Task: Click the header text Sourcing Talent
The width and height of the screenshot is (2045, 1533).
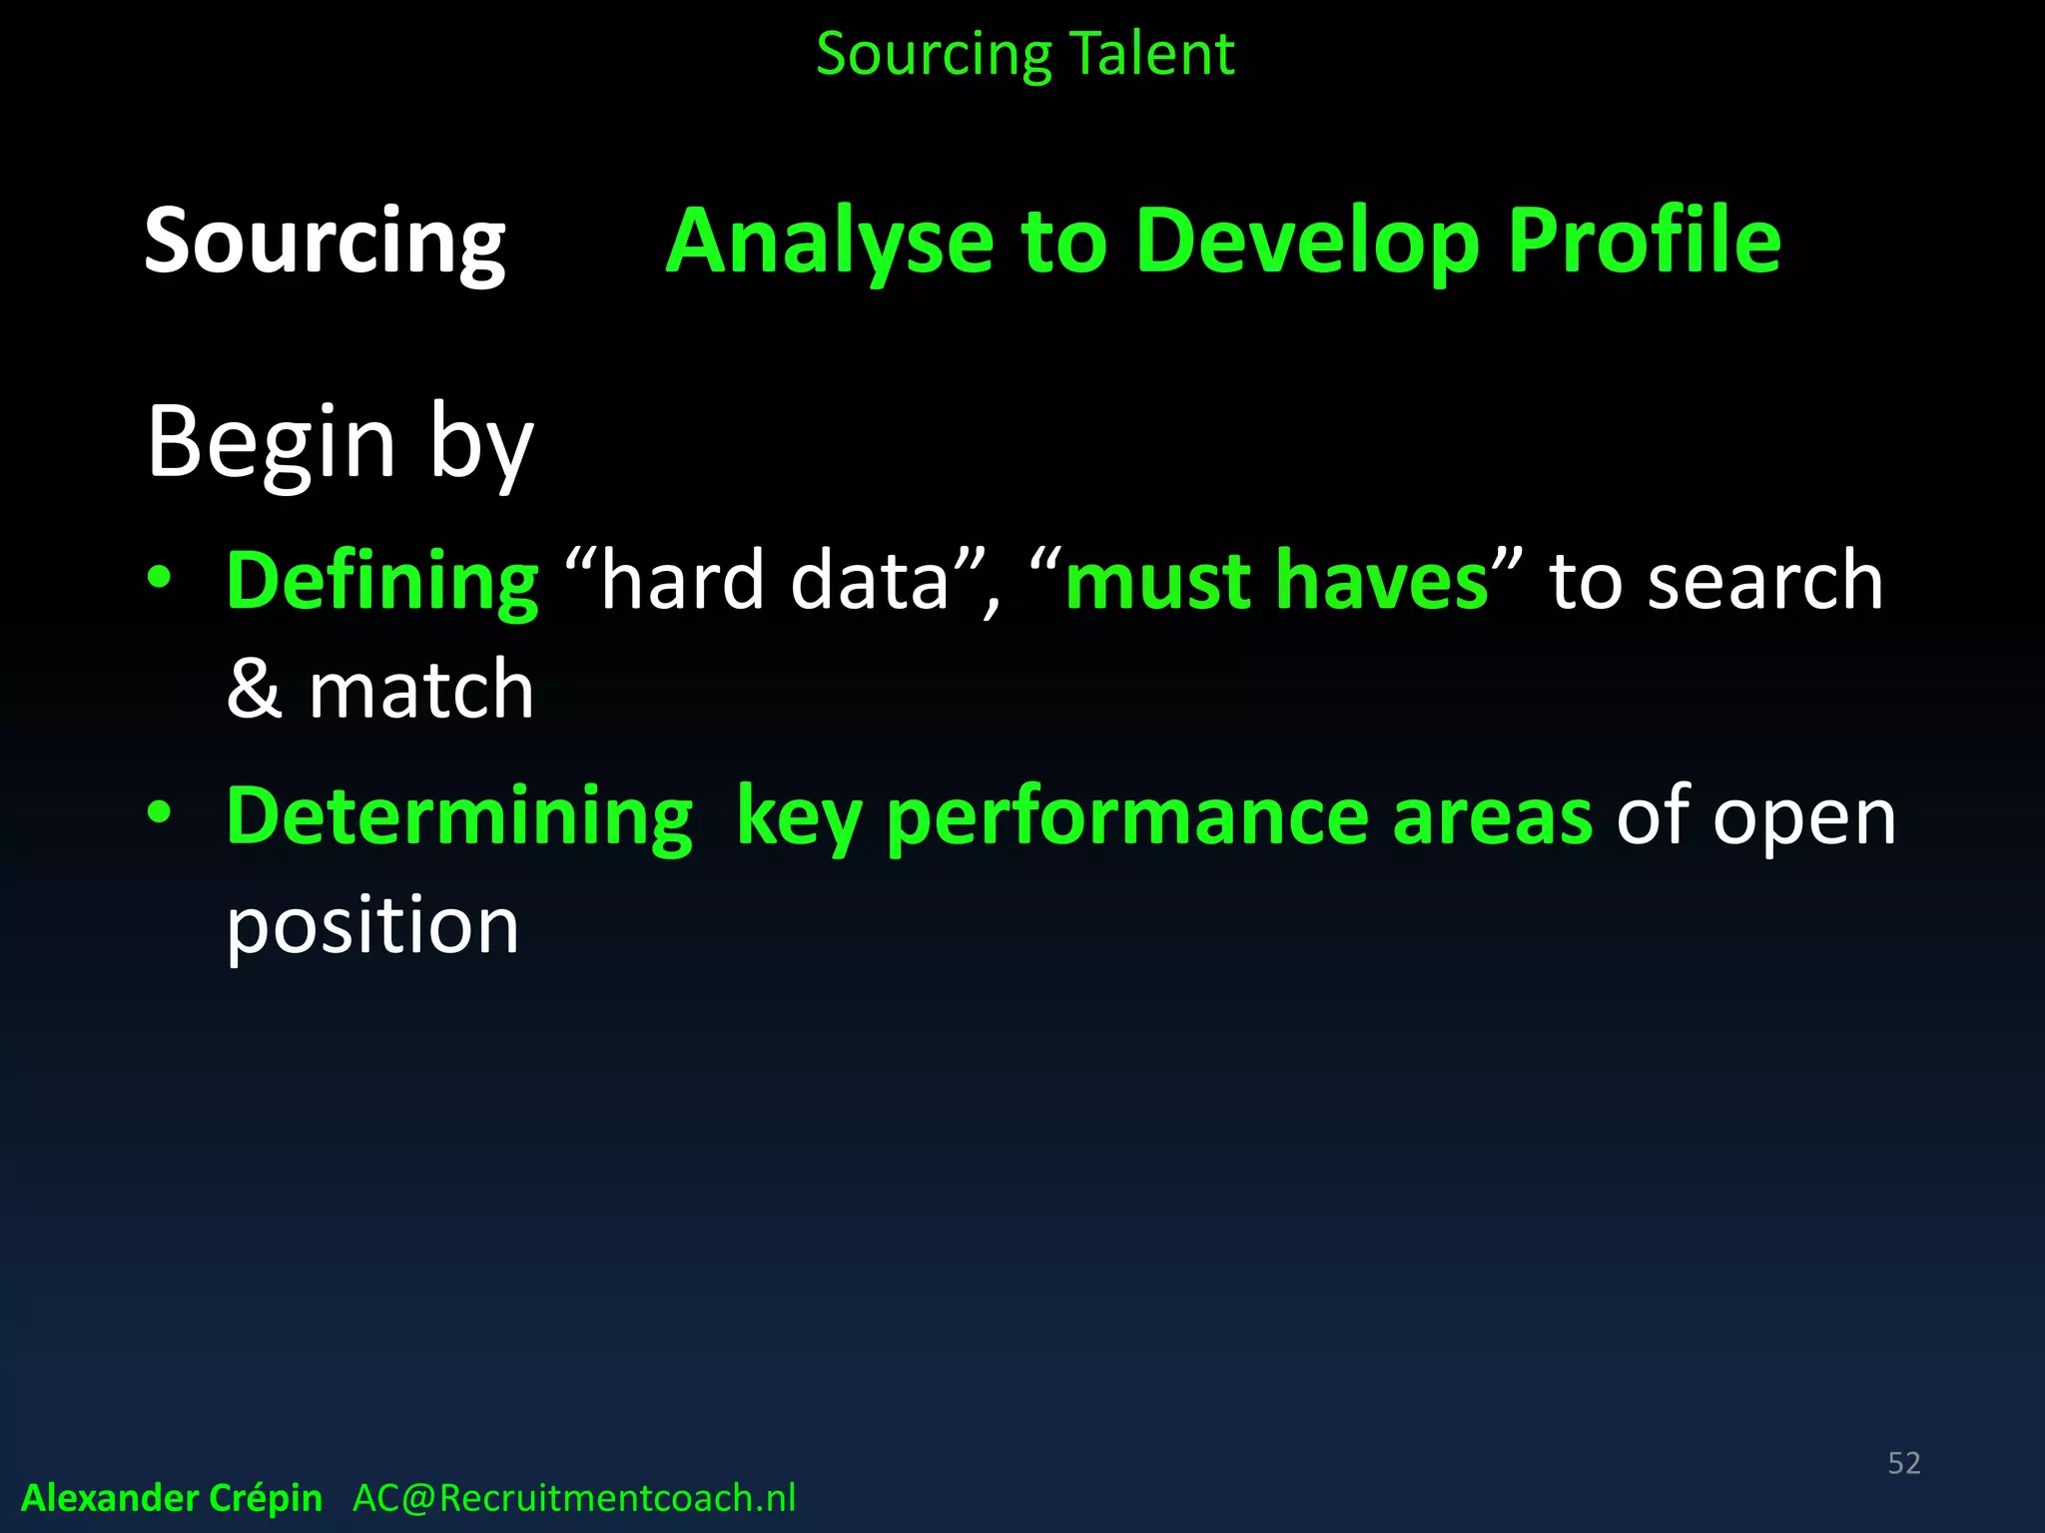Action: click(1024, 54)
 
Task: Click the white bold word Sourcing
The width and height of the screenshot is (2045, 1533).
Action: click(325, 242)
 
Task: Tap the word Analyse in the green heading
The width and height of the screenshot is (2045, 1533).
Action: click(830, 242)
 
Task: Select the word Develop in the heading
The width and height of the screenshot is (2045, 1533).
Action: click(1307, 242)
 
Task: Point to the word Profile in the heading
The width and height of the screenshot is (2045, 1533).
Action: click(1644, 242)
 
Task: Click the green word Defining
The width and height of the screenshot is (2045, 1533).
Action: click(382, 581)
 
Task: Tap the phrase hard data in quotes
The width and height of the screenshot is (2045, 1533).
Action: click(774, 581)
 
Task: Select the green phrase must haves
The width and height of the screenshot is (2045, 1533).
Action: click(1277, 581)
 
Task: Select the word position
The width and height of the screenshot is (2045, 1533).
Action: click(372, 926)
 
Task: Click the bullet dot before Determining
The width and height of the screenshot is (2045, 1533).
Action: click(160, 811)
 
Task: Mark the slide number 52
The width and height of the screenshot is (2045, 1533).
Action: click(1903, 1463)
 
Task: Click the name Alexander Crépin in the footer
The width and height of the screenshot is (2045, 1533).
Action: click(172, 1498)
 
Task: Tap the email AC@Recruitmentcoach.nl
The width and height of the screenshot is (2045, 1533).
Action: click(574, 1498)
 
